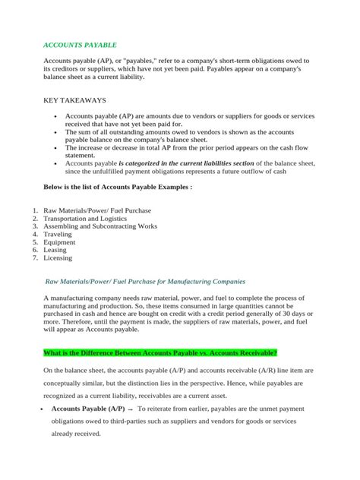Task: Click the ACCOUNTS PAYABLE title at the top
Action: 79,45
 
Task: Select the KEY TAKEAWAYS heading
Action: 75,99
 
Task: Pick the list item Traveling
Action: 62,236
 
